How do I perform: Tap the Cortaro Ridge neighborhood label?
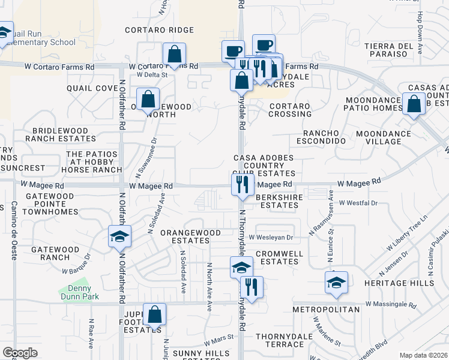click(159, 30)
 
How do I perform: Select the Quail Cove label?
click(92, 88)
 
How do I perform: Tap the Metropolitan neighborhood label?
click(326, 310)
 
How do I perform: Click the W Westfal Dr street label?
click(358, 203)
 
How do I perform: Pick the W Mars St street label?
click(218, 340)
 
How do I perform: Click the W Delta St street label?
click(152, 75)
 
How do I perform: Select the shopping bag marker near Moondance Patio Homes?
click(414, 104)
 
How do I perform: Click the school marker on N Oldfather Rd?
click(119, 236)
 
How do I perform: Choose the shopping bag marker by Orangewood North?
click(148, 99)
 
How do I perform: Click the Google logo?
click(20, 353)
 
